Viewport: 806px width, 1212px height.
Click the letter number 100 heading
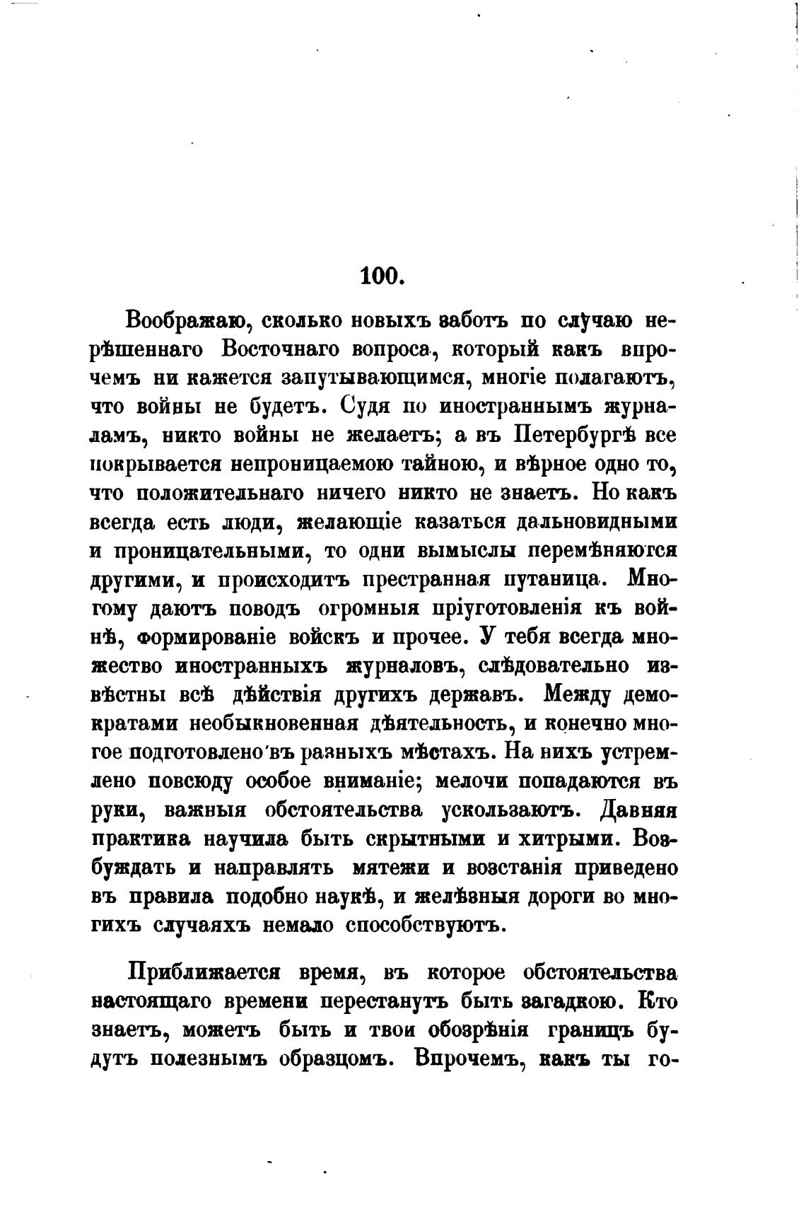point(381,275)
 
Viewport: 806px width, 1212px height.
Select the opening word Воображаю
point(185,320)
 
